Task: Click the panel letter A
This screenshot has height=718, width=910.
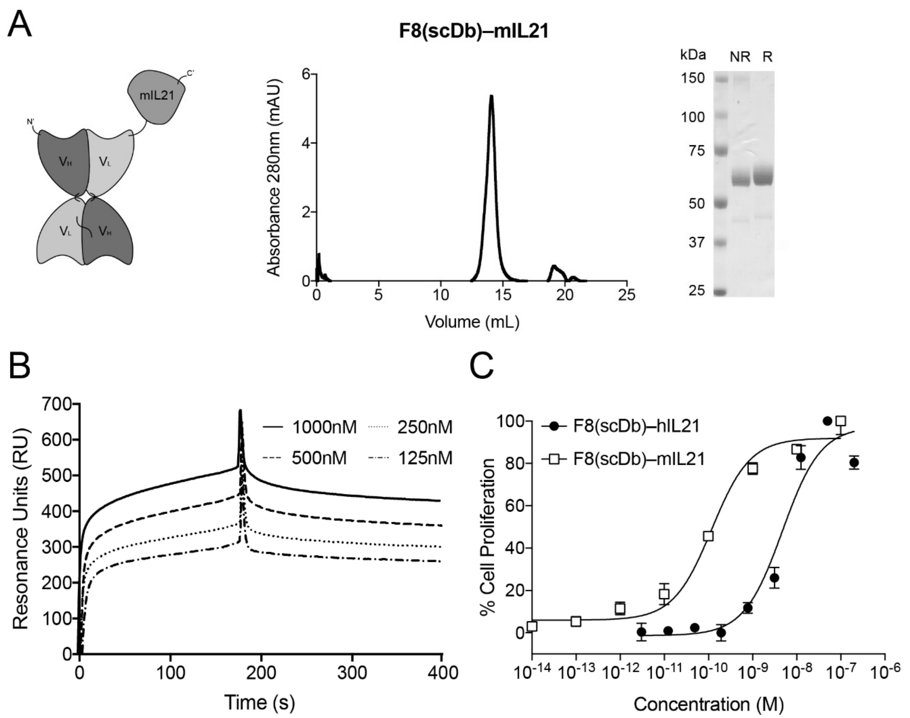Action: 20,24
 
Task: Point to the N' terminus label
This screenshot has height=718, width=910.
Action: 31,122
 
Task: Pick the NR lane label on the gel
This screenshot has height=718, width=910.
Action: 740,57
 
